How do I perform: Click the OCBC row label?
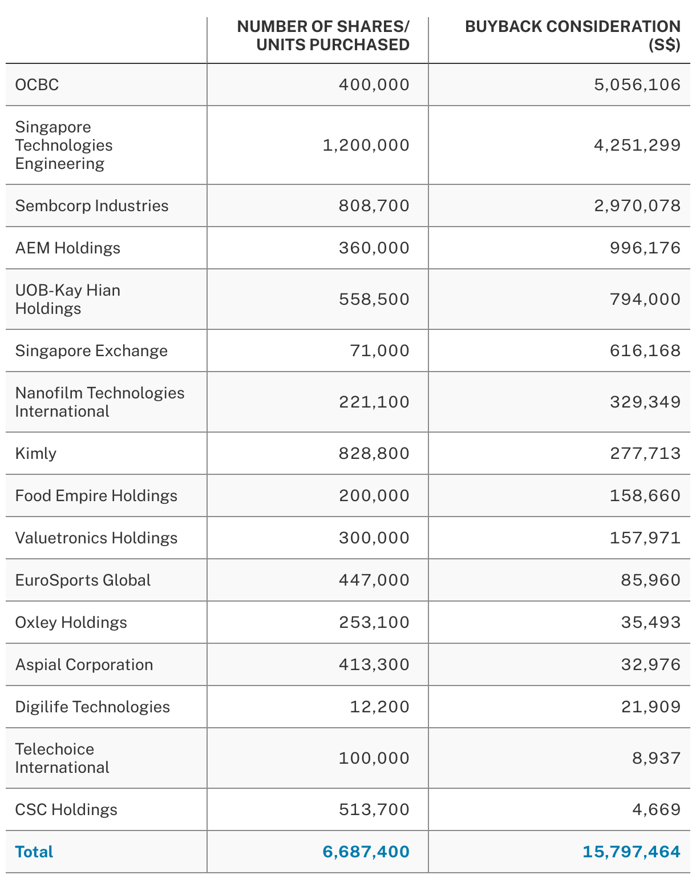[37, 85]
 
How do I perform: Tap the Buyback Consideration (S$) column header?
[573, 35]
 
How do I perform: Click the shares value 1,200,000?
[366, 146]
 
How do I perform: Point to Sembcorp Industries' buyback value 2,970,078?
[637, 206]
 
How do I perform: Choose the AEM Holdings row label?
[68, 248]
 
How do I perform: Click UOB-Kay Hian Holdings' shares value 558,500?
[374, 300]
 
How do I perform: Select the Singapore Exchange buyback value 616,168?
[645, 351]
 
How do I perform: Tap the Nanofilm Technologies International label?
[100, 402]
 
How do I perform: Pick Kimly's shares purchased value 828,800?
[374, 454]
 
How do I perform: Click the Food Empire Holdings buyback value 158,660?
[645, 496]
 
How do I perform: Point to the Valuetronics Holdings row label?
[96, 538]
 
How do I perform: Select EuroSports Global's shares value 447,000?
[374, 580]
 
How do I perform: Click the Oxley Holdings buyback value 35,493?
[651, 623]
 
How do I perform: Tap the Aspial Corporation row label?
[84, 665]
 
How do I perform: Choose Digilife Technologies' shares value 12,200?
[380, 707]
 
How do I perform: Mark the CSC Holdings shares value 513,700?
[374, 810]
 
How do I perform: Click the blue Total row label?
[34, 852]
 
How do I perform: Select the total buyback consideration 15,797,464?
[632, 852]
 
